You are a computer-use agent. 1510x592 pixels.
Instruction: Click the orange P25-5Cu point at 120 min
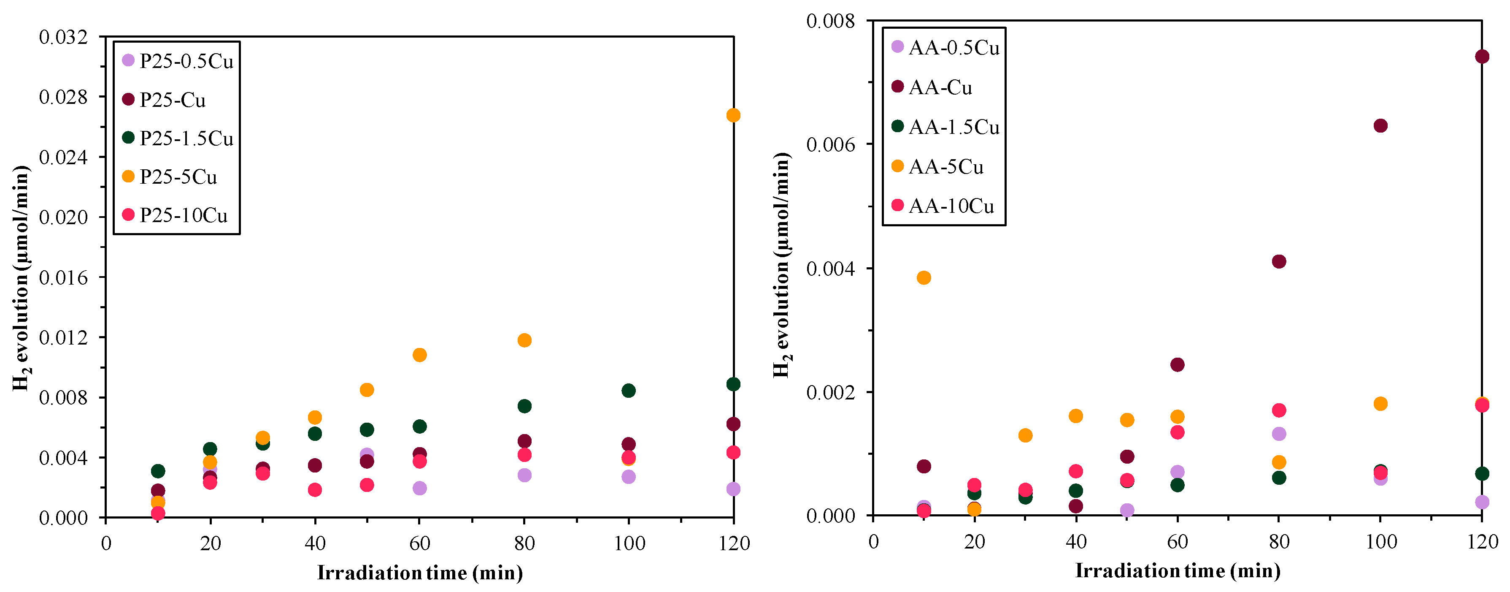733,115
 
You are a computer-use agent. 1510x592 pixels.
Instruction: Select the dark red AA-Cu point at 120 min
1482,56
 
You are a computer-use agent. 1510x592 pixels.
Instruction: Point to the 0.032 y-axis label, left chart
63,37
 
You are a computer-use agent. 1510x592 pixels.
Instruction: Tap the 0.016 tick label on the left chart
63,277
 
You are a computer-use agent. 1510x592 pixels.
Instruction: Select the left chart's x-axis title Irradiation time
420,572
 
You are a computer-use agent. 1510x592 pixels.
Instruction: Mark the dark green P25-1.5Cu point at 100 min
628,390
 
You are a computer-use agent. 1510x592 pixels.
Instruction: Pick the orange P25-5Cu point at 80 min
524,340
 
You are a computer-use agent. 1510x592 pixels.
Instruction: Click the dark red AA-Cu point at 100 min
1380,125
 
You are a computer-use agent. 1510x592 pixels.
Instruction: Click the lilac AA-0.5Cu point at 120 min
1482,502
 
